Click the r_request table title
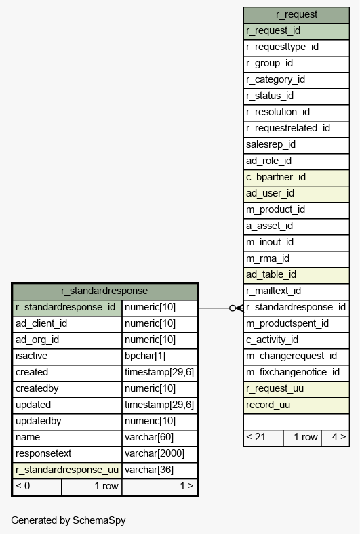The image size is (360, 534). pos(296,15)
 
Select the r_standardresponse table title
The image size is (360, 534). pos(104,291)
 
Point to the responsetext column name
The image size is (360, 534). pos(43,453)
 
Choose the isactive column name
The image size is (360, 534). pos(31,356)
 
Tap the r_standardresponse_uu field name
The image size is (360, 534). pos(67,470)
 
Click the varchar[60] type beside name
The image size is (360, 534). pos(149,437)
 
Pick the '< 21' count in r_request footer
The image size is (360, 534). pos(256,437)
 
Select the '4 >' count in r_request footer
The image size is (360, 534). pos(339,437)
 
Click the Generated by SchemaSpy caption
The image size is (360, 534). pos(68,520)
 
